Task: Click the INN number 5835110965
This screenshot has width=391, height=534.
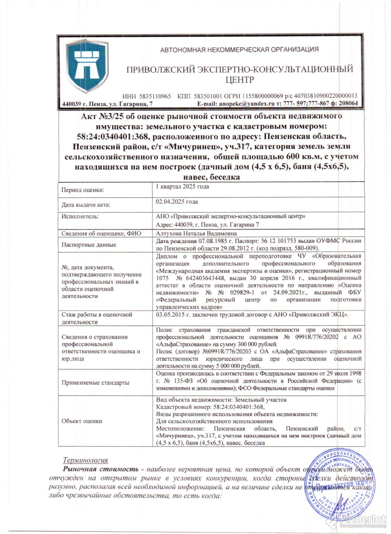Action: click(x=155, y=96)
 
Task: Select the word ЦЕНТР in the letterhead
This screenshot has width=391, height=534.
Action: click(x=239, y=80)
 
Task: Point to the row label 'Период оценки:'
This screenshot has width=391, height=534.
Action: click(x=82, y=190)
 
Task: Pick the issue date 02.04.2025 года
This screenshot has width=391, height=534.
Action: click(x=177, y=202)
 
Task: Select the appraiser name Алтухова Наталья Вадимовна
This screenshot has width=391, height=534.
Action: click(x=196, y=233)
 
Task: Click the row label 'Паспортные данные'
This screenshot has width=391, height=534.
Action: click(x=89, y=245)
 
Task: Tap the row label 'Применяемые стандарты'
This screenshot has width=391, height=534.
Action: click(x=95, y=382)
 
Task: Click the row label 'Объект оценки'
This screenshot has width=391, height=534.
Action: click(x=82, y=421)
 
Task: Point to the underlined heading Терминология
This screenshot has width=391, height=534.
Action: click(x=85, y=460)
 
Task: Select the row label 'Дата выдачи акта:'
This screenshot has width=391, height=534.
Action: click(x=86, y=205)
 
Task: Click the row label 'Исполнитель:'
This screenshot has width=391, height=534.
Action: click(x=80, y=216)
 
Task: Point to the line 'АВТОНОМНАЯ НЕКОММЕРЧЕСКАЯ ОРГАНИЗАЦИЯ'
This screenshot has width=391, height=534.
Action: click(x=239, y=50)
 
